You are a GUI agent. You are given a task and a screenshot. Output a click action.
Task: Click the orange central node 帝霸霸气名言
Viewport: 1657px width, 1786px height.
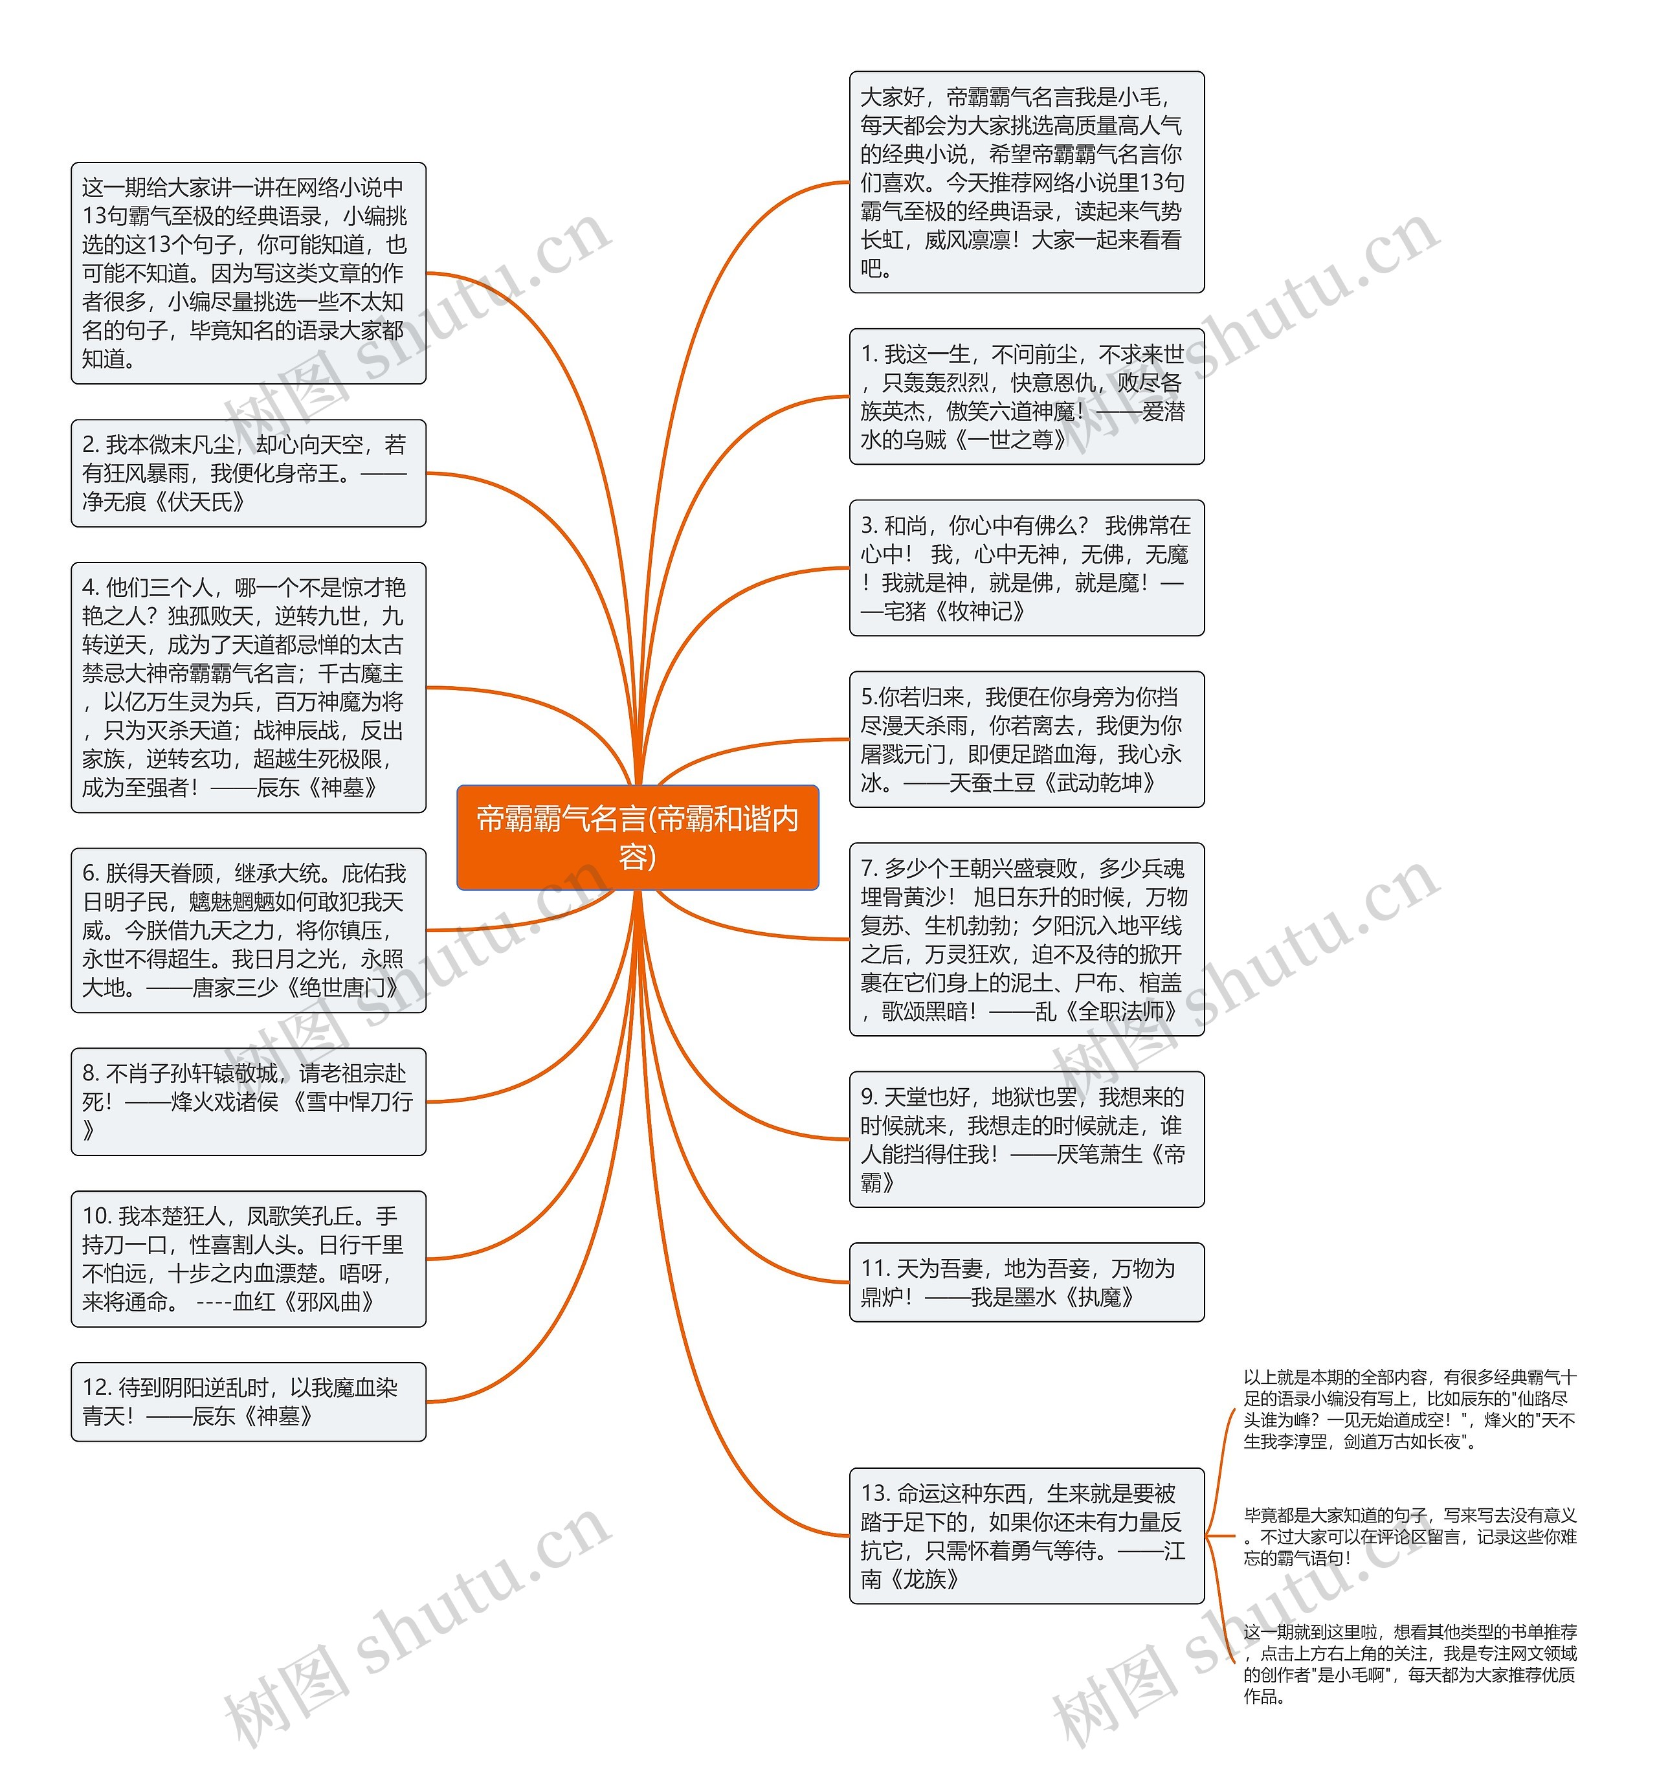637,836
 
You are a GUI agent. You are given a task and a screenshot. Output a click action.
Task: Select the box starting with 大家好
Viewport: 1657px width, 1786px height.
1026,182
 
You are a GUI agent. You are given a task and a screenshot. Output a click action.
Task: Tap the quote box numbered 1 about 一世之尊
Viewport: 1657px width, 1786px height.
1026,396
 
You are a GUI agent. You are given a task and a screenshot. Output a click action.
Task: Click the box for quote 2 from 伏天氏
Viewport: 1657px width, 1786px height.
249,473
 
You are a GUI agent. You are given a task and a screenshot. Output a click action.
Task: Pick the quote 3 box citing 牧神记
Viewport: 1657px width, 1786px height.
1026,568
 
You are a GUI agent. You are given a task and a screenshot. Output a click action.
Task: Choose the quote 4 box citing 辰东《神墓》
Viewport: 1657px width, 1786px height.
249,687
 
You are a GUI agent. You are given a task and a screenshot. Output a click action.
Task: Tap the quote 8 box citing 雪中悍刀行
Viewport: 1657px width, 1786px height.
249,1101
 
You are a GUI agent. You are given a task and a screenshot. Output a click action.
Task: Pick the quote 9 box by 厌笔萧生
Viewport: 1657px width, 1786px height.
1026,1139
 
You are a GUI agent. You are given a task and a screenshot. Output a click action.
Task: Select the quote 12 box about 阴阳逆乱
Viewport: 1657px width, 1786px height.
249,1401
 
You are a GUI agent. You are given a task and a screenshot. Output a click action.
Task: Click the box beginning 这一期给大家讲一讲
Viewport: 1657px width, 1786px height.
249,273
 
